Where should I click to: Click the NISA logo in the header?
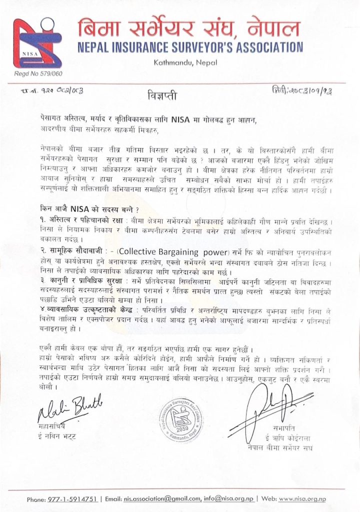pos(37,43)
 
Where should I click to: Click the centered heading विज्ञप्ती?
pos(163,93)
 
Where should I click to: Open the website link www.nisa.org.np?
pos(302,499)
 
